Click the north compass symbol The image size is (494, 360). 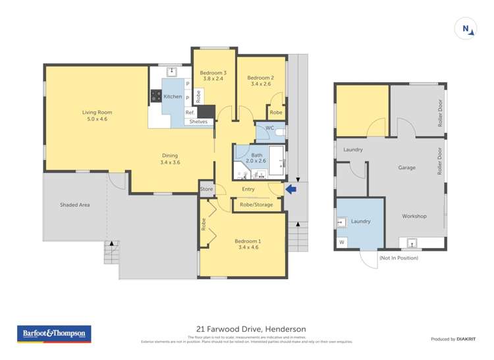(x=466, y=28)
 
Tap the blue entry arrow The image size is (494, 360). (x=290, y=190)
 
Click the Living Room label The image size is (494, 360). (x=94, y=112)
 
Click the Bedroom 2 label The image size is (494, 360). (x=261, y=78)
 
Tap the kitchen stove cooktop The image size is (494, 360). (x=156, y=96)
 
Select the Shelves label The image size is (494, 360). (x=198, y=122)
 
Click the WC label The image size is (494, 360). (x=269, y=128)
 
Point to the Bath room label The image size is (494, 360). (x=256, y=155)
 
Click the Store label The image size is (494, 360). (x=207, y=189)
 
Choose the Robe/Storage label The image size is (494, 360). (x=256, y=205)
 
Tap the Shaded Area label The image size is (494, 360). (x=74, y=205)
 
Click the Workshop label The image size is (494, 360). (x=414, y=216)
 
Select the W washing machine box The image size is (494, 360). (x=342, y=243)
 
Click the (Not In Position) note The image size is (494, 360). (x=398, y=258)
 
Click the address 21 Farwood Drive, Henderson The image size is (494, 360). (x=250, y=329)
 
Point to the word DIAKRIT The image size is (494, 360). (x=467, y=339)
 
